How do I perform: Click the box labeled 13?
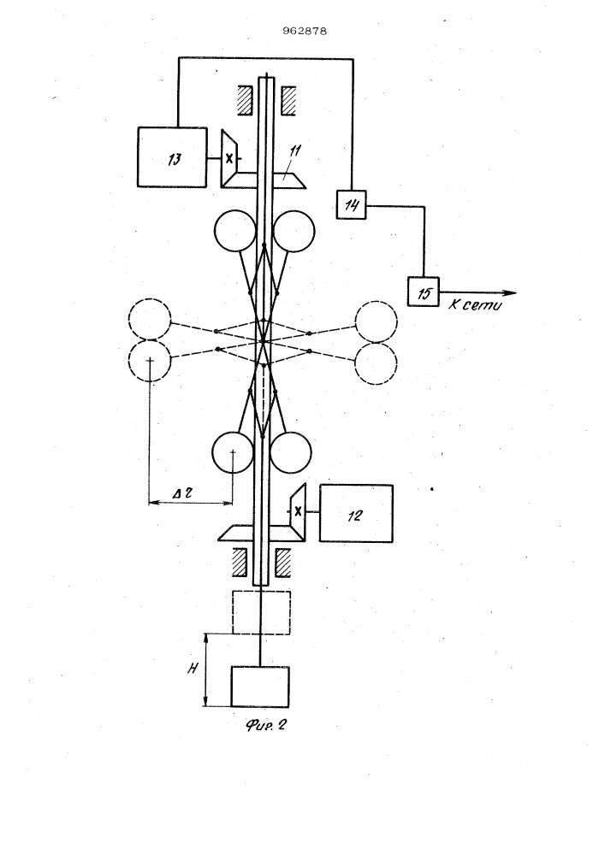pos(171,156)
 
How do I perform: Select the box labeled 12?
pos(356,512)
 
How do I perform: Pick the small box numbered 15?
pos(422,292)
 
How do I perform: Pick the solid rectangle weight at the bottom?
pos(261,687)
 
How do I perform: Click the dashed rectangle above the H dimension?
pos(261,611)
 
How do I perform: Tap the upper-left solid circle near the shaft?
pos(235,231)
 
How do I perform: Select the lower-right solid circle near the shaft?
pos(292,452)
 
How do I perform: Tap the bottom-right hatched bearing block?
pos(283,562)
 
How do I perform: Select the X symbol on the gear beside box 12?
pos(298,511)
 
